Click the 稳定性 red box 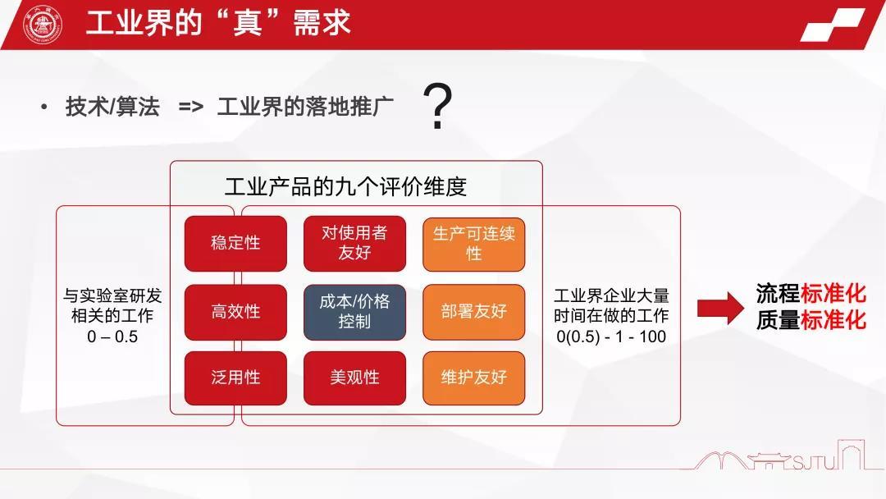pos(235,243)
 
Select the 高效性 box pos(235,312)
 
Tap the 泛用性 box pos(235,378)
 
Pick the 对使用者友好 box pos(355,243)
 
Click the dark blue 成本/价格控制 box pos(355,312)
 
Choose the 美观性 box pos(355,378)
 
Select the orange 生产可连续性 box pos(474,244)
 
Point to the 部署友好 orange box pos(474,312)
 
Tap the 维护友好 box pos(474,378)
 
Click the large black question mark pos(438,106)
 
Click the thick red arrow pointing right pos(720,308)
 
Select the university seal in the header pos(43,25)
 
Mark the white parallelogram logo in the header pos(833,25)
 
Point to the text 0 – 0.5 pos(112,336)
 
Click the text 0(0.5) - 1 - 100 pos(611,336)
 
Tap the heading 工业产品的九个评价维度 pos(346,186)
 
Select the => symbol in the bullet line pos(191,106)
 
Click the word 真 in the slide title pos(248,24)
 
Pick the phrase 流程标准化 pos(811,293)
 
